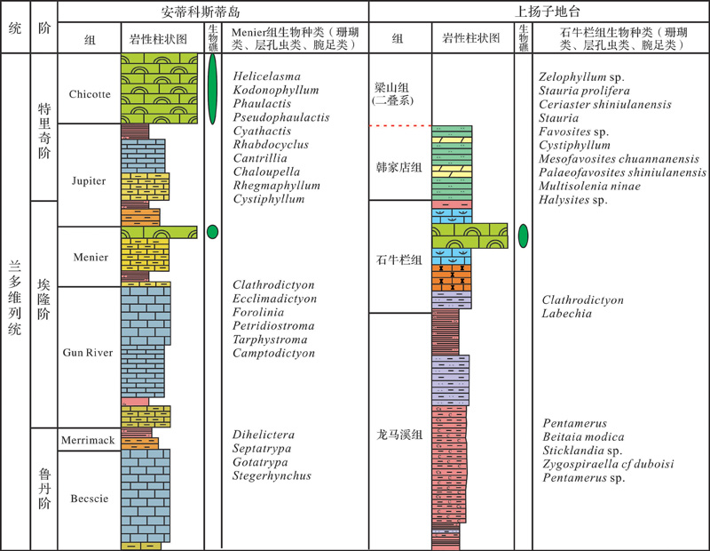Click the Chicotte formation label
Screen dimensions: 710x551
point(90,94)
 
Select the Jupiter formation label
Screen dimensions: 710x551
point(89,181)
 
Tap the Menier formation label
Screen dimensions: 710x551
point(91,257)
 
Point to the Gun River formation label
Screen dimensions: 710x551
point(88,352)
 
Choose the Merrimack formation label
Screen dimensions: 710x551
point(88,440)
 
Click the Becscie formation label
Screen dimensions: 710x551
point(90,499)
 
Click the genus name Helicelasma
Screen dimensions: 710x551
point(267,76)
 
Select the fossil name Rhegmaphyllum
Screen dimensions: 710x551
point(277,186)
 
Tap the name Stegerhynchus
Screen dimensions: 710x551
point(272,475)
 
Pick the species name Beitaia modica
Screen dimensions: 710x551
point(583,436)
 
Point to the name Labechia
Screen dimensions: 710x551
point(566,314)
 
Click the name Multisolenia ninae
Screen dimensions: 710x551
point(589,186)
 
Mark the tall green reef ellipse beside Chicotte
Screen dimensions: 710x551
point(212,90)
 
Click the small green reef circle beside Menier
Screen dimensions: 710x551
point(212,232)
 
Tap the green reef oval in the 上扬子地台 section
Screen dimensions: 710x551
point(523,236)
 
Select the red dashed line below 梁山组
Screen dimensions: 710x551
point(400,125)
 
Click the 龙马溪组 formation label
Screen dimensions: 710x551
point(399,435)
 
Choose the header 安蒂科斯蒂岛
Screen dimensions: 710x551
point(201,12)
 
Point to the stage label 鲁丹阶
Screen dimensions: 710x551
point(43,489)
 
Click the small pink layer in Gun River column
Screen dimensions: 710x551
point(135,402)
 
